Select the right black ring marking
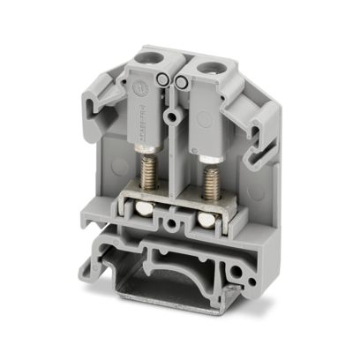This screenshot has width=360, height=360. (x=179, y=82)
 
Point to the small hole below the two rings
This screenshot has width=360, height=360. (x=174, y=112)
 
